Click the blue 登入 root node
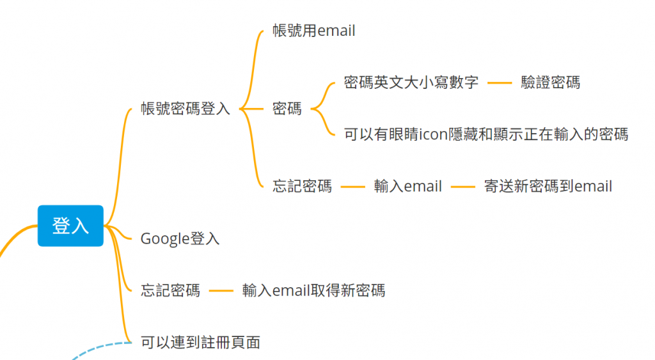70,226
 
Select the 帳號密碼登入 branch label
185,109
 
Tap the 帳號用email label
313,31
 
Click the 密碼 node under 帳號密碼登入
287,109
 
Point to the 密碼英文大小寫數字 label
411,82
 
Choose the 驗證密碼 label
550,82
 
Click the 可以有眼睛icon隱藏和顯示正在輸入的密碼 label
485,134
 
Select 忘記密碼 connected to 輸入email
302,187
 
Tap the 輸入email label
407,187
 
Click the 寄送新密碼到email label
548,187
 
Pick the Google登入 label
180,239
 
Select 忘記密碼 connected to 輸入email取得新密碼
170,291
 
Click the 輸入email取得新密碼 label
313,291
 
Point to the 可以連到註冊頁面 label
200,343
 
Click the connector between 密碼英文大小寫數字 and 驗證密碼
500,83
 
